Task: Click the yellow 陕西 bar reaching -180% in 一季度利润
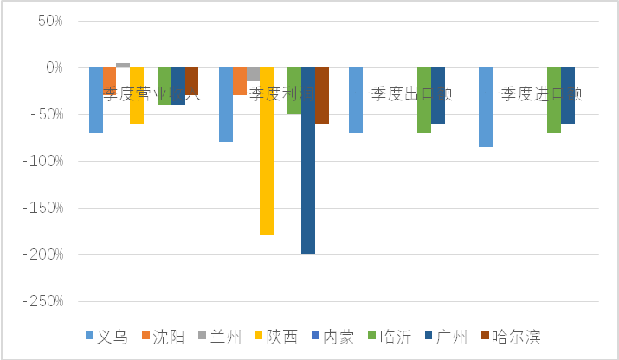pyautogui.click(x=267, y=151)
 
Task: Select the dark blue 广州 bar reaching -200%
pyautogui.click(x=307, y=161)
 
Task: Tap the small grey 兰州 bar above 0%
pyautogui.click(x=123, y=65)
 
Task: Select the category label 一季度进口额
pyautogui.click(x=533, y=93)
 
